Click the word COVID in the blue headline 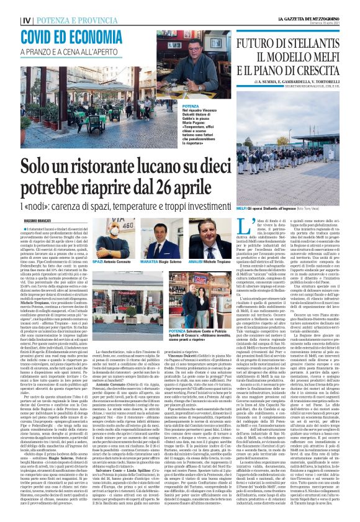39,37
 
